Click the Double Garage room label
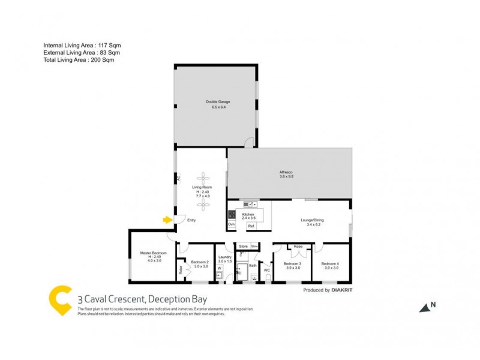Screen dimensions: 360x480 [218, 102]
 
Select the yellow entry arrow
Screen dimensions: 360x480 [167, 220]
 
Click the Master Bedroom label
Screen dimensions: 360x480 [149, 253]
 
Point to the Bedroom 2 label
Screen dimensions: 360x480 [200, 262]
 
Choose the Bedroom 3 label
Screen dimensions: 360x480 [293, 264]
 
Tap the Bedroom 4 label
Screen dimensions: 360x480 [329, 264]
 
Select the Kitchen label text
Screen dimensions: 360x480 [248, 214]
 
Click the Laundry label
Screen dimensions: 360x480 [224, 257]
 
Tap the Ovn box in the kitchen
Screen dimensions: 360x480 [231, 224]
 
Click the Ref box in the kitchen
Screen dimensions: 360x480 [251, 225]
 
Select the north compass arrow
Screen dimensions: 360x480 [425, 307]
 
